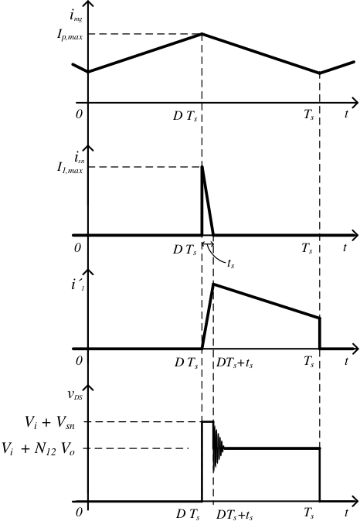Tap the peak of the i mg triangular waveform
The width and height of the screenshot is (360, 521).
point(202,33)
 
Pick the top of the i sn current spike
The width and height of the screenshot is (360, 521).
point(202,166)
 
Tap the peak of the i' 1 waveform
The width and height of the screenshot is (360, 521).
point(214,284)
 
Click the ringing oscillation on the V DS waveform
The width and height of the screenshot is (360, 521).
point(218,448)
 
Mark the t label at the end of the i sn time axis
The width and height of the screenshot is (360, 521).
point(345,247)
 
